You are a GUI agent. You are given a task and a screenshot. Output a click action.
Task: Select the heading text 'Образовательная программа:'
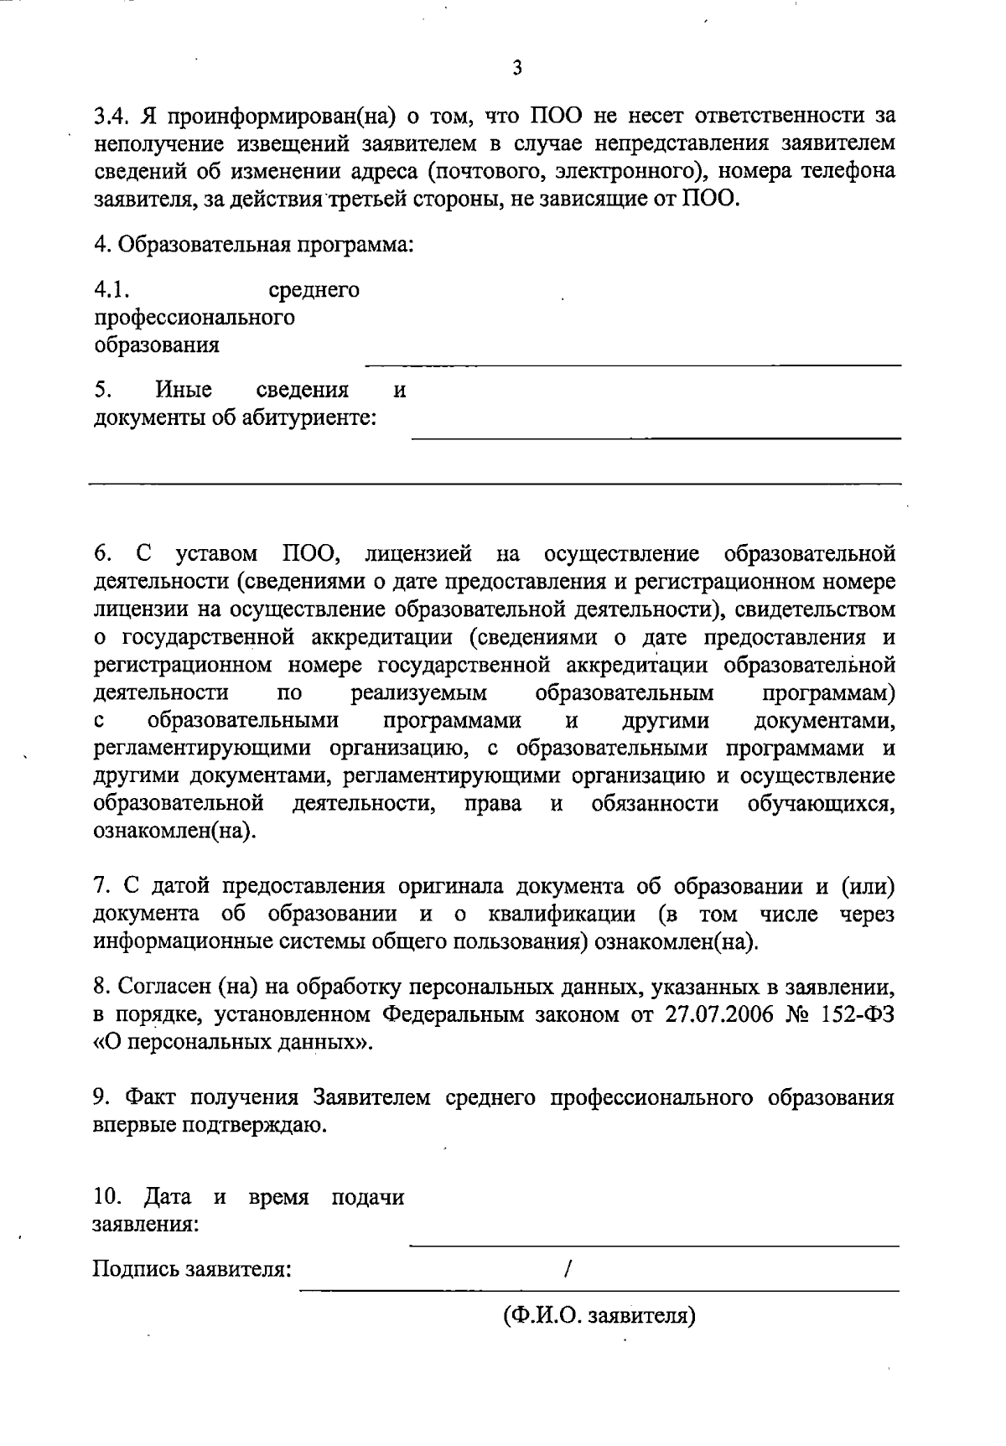coord(267,246)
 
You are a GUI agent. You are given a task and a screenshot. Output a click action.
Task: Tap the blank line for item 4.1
coord(633,364)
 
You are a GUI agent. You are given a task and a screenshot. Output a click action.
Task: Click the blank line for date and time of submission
coord(654,1245)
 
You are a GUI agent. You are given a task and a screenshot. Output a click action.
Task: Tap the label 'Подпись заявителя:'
coord(192,1269)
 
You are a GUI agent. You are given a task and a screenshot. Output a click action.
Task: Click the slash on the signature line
coord(569,1269)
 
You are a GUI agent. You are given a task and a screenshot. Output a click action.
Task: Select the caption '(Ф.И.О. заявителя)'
coord(600,1315)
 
